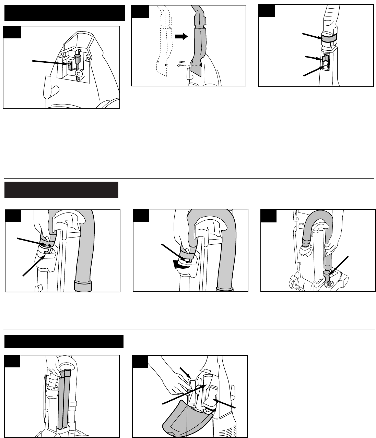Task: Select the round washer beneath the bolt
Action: (x=79, y=74)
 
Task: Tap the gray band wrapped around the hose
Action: (x=329, y=38)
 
